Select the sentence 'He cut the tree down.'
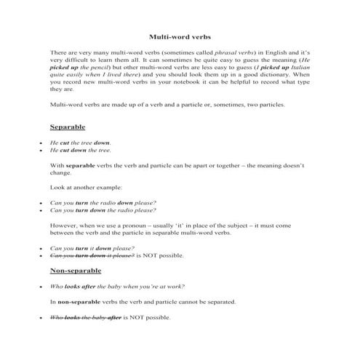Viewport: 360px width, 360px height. (x=81, y=143)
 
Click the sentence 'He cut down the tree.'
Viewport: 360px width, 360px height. (x=81, y=151)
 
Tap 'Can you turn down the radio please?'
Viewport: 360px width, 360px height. (x=103, y=210)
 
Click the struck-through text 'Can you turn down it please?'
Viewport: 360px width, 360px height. (x=92, y=256)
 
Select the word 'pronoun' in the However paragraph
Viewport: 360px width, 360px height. (x=141, y=226)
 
